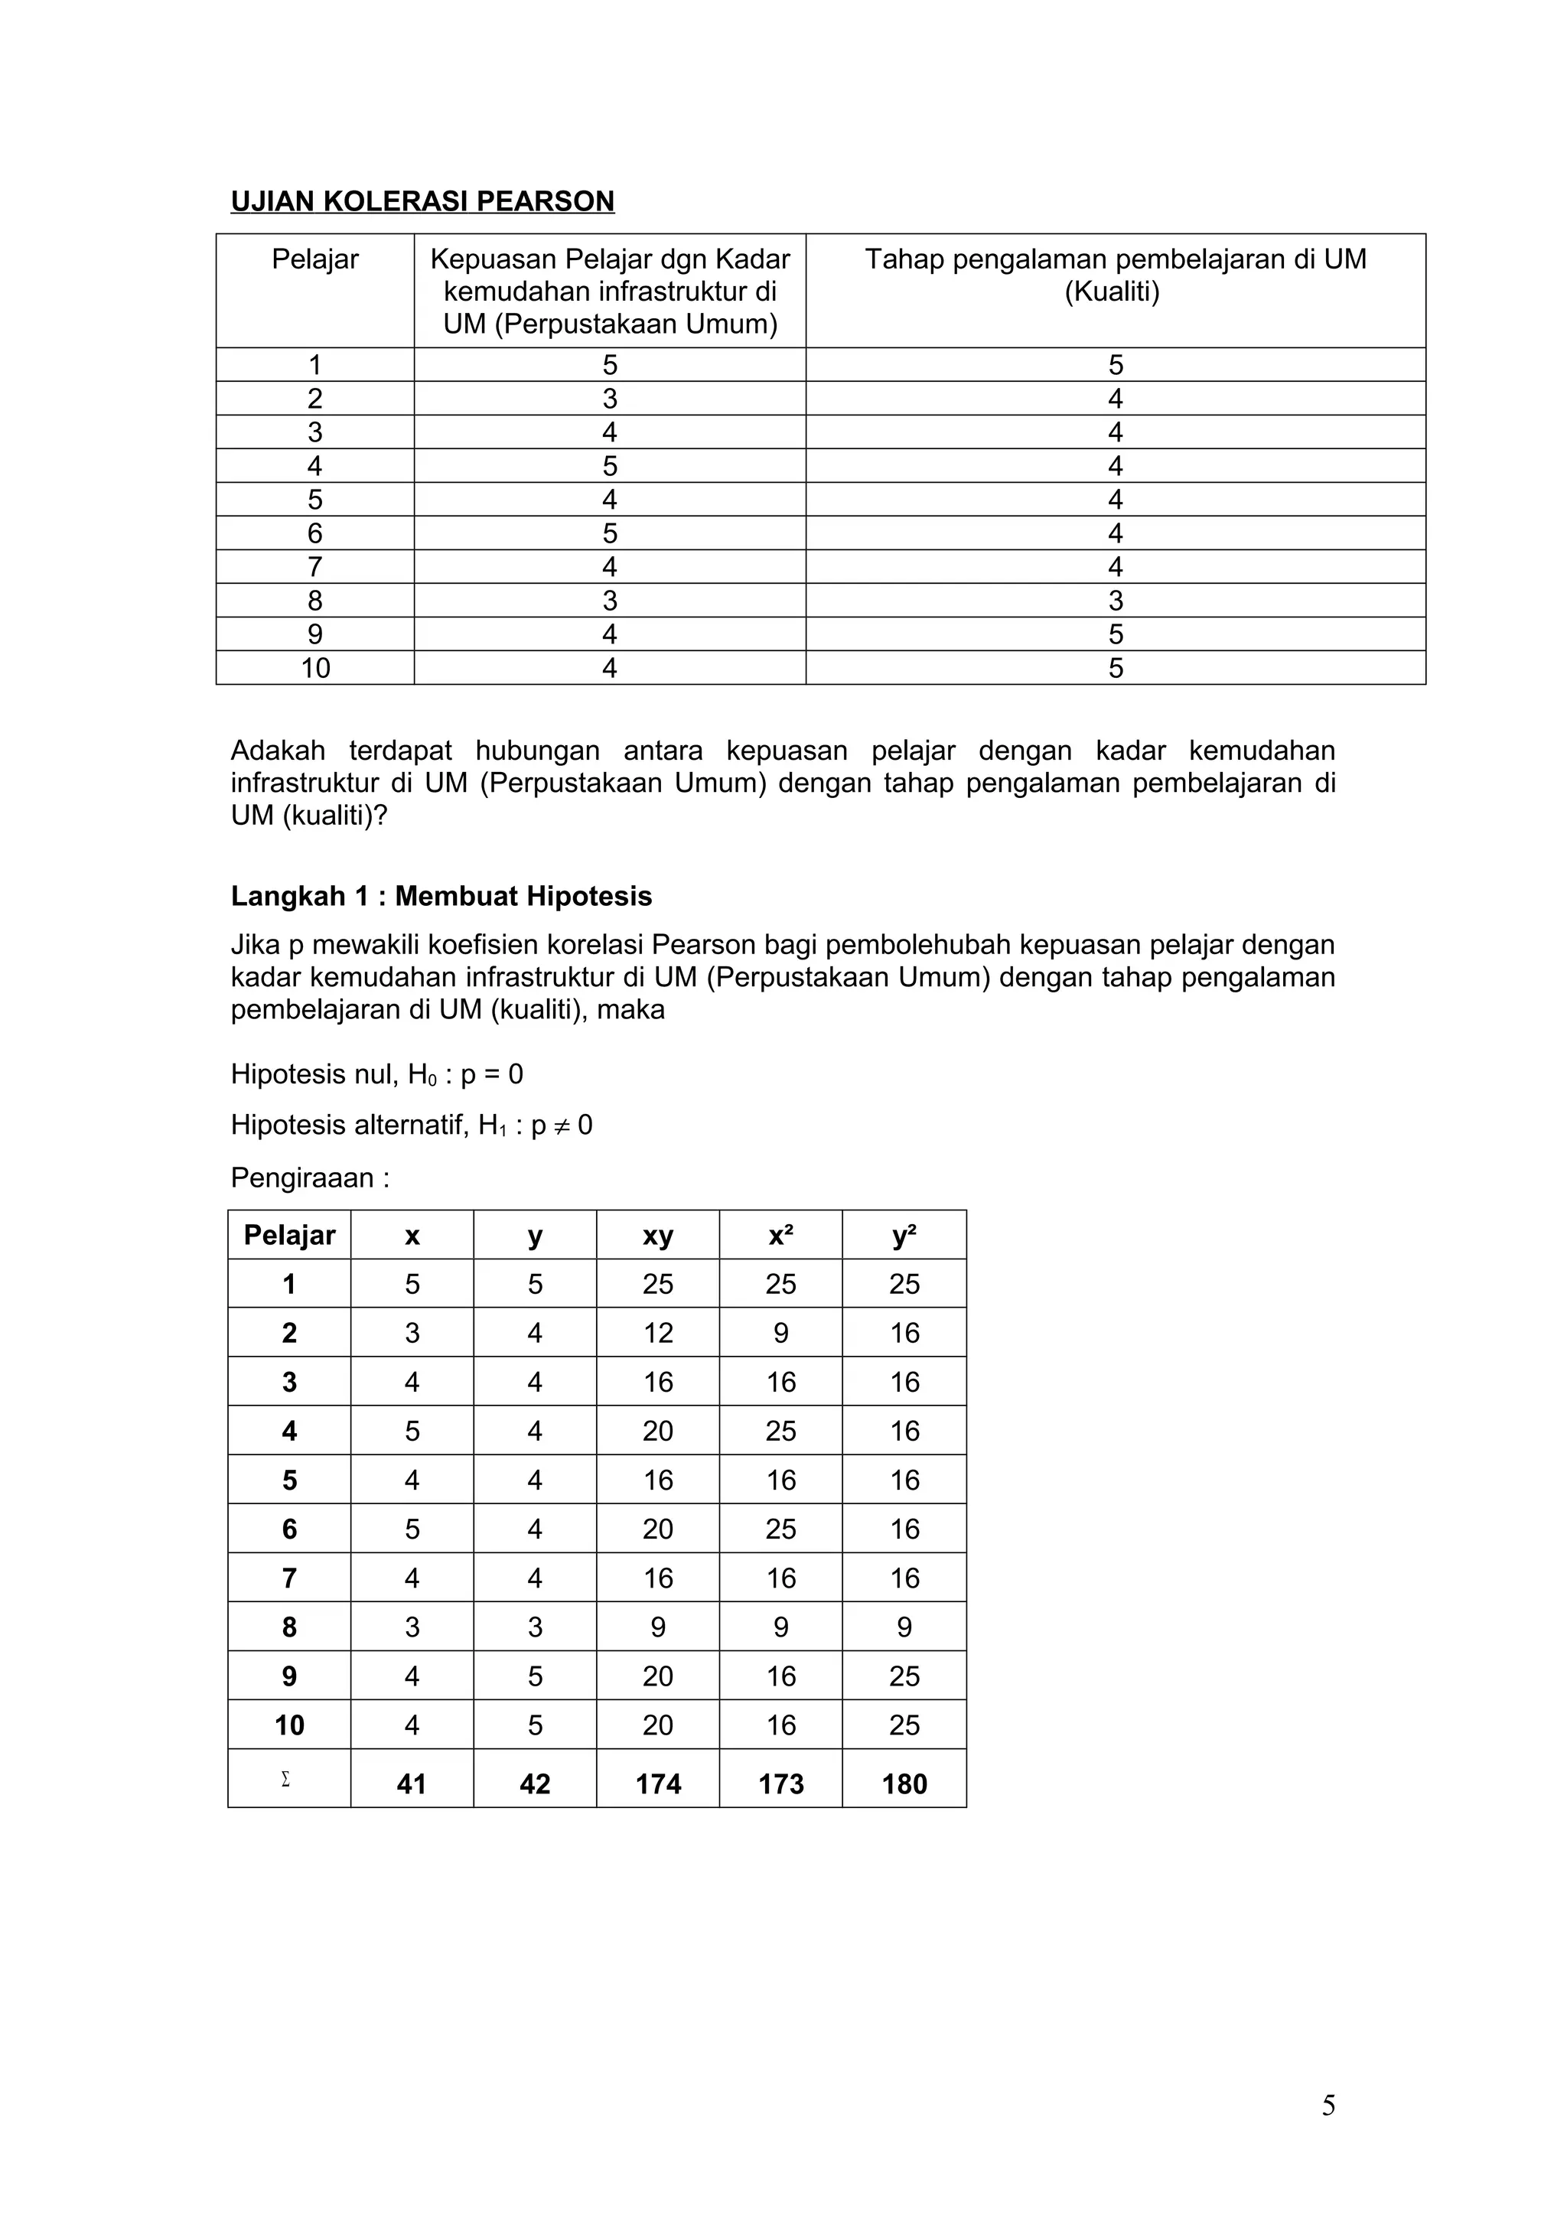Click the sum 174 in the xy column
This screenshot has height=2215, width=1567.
pos(657,1783)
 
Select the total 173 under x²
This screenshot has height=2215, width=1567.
pos(780,1783)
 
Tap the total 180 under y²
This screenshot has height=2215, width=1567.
pos(904,1783)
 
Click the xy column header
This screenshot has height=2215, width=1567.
pos(657,1236)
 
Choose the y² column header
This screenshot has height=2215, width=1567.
pos(904,1236)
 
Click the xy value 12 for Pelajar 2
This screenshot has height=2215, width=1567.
pos(657,1334)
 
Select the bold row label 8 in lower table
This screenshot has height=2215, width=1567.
pos(289,1627)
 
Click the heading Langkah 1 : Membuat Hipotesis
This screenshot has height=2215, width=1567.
pos(441,896)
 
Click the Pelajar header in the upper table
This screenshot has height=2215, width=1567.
pos(314,259)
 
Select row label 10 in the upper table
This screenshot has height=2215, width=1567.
pos(314,669)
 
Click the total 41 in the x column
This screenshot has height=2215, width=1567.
pos(412,1783)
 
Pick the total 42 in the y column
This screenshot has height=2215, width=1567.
pos(535,1783)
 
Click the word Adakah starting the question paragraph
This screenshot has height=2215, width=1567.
pos(278,751)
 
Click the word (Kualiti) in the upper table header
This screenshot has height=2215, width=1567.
pos(1112,292)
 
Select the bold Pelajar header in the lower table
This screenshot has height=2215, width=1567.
pos(289,1236)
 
